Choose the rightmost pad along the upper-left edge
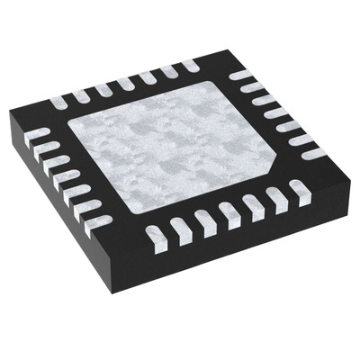188,65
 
